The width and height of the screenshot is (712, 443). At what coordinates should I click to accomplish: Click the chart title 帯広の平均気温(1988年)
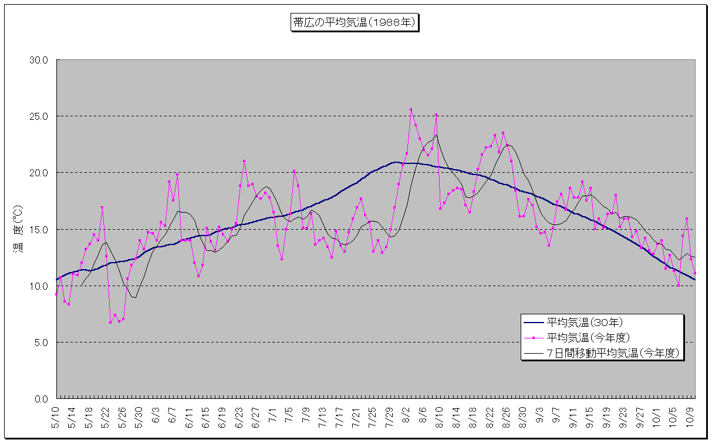pyautogui.click(x=355, y=23)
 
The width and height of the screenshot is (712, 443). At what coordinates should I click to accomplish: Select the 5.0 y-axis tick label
pyautogui.click(x=42, y=343)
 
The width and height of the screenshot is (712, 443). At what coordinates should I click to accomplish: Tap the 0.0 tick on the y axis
pyautogui.click(x=42, y=399)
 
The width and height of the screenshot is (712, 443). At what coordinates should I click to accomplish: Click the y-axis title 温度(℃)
pyautogui.click(x=18, y=229)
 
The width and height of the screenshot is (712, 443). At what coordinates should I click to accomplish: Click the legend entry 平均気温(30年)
pyautogui.click(x=585, y=322)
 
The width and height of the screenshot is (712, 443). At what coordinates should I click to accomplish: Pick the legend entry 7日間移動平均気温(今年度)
pyautogui.click(x=613, y=353)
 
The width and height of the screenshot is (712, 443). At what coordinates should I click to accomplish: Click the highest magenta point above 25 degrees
pyautogui.click(x=411, y=109)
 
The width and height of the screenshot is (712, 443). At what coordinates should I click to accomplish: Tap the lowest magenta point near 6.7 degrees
pyautogui.click(x=110, y=323)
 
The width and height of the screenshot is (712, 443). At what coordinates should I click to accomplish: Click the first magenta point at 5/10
pyautogui.click(x=56, y=294)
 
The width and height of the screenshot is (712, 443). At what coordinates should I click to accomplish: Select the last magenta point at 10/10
pyautogui.click(x=695, y=273)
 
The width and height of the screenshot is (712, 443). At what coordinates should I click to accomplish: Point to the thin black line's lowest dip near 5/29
pyautogui.click(x=135, y=298)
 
